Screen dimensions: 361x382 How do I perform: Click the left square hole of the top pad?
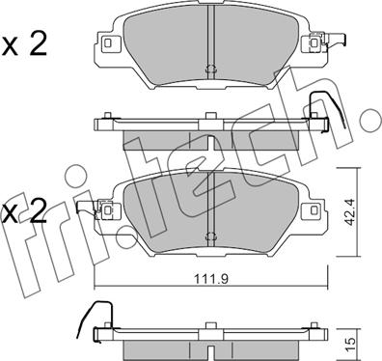pyautogui.click(x=107, y=43)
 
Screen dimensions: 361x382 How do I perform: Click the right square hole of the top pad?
pyautogui.click(x=312, y=42)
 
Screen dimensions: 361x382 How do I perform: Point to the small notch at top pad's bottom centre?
pyautogui.click(x=209, y=69)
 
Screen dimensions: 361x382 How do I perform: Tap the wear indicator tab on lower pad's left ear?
pyautogui.click(x=86, y=206)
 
